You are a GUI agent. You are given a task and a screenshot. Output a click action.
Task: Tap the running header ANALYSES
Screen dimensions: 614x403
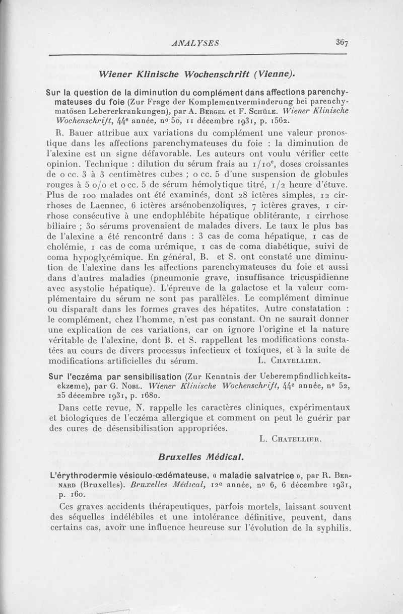[194, 43]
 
